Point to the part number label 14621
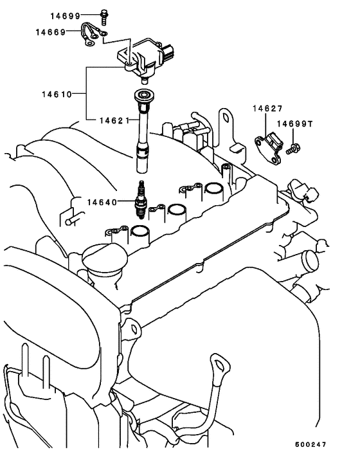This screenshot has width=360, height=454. click(114, 120)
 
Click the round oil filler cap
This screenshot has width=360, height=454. click(101, 260)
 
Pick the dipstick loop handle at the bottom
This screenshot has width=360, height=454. click(221, 366)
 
